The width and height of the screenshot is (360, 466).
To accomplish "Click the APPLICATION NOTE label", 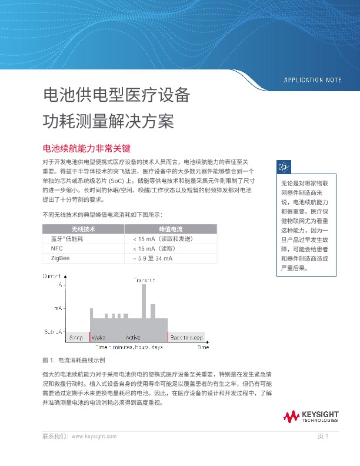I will click(x=312, y=80).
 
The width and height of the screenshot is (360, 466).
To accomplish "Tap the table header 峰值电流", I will click(x=171, y=228).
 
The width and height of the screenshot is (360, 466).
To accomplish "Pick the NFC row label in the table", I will click(x=57, y=248).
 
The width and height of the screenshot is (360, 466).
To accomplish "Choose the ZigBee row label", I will click(x=61, y=258).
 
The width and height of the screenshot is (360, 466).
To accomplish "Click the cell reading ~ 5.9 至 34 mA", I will click(x=153, y=258).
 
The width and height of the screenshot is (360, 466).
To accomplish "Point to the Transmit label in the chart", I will click(x=144, y=280).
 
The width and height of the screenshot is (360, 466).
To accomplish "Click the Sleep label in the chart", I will click(x=76, y=338).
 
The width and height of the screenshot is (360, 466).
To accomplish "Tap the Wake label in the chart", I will click(x=98, y=338).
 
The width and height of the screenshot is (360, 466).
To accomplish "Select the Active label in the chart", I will click(x=134, y=338).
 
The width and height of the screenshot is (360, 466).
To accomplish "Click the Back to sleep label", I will click(x=186, y=338).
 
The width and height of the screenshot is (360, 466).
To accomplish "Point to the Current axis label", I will click(x=52, y=276).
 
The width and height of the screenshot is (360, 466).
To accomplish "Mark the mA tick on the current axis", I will click(x=58, y=308).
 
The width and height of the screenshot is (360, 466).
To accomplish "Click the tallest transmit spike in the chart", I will click(x=144, y=300).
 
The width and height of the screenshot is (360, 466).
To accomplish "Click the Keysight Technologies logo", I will click(x=311, y=417).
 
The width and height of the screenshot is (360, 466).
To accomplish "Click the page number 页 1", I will click(x=322, y=436).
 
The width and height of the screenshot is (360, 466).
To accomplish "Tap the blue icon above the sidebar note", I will click(x=284, y=167).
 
